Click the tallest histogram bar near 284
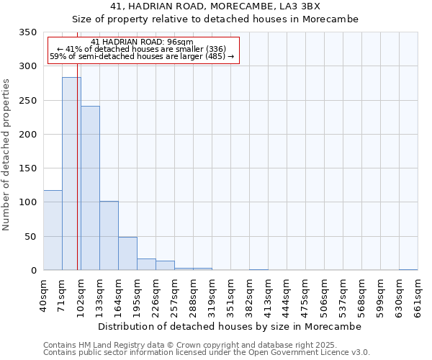pyautogui.click(x=71, y=174)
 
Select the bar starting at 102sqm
pyautogui.click(x=90, y=188)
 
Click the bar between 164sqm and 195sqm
pyautogui.click(x=127, y=253)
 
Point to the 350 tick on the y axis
pyautogui.click(x=28, y=32)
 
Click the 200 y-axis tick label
pyautogui.click(x=28, y=135)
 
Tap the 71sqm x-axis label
pyautogui.click(x=61, y=294)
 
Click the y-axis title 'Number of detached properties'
pyautogui.click(x=7, y=155)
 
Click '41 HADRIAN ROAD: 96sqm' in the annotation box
pyautogui.click(x=143, y=42)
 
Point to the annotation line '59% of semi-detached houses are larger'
pyautogui.click(x=142, y=56)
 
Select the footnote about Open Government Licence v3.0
pyautogui.click(x=207, y=353)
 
